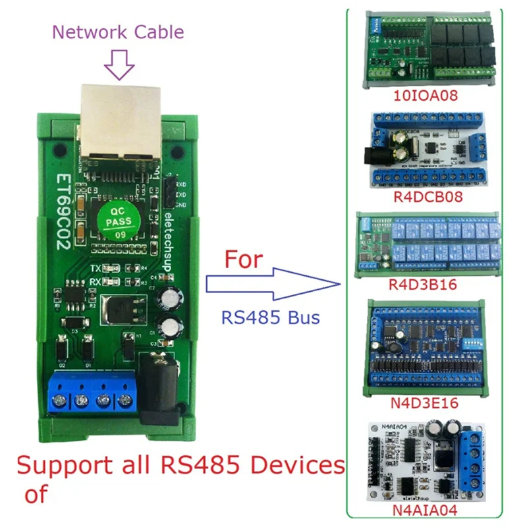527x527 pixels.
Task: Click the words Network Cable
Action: pyautogui.click(x=119, y=32)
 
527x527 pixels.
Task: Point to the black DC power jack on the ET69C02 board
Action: pyautogui.click(x=159, y=385)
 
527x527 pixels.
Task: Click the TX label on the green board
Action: pyautogui.click(x=96, y=269)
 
